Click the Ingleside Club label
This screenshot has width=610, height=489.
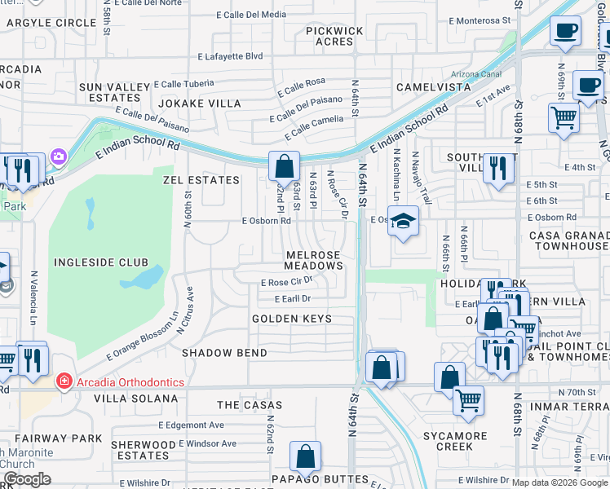(101, 262)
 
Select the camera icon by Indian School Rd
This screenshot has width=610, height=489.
(58, 156)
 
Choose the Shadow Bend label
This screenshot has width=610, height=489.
(224, 353)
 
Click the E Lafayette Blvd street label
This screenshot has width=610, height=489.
(231, 56)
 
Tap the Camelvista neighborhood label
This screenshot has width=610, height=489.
(433, 86)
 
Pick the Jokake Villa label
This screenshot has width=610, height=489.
(200, 104)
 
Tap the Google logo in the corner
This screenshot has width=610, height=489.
(28, 479)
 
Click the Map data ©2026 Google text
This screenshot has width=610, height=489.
(559, 482)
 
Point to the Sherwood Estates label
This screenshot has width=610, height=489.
(147, 450)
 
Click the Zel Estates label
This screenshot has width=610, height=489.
(201, 180)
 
